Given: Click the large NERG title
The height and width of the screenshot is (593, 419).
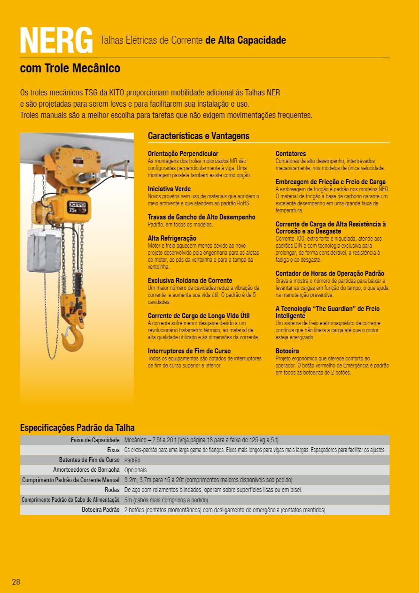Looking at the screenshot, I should (56, 40).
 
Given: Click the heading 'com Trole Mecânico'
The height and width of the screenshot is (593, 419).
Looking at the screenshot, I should (70, 69).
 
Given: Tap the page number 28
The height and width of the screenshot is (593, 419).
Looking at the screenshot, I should (16, 582).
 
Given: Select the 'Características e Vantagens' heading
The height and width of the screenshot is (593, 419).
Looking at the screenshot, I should (198, 136).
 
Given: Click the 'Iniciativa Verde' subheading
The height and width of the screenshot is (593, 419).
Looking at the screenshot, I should (169, 189).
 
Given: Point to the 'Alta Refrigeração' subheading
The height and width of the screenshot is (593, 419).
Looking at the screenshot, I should (172, 238).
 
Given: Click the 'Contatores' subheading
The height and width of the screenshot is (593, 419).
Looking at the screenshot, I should (290, 154).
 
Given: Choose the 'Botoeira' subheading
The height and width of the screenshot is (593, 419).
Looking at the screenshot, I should (287, 351).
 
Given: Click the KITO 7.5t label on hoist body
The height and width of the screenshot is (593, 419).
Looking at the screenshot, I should (78, 207).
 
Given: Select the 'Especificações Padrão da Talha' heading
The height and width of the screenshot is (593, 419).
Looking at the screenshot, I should (77, 428).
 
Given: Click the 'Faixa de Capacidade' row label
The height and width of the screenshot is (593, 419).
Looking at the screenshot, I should (95, 440).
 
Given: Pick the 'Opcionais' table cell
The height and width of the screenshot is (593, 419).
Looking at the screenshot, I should (135, 470).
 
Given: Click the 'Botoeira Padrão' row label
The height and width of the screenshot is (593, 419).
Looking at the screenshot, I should (101, 510).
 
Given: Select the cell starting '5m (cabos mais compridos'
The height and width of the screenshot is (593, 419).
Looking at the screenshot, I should (166, 500).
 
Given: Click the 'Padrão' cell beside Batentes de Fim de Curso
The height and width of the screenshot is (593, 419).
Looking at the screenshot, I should (132, 460).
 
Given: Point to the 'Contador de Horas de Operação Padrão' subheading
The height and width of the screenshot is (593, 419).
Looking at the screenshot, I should (329, 273).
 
